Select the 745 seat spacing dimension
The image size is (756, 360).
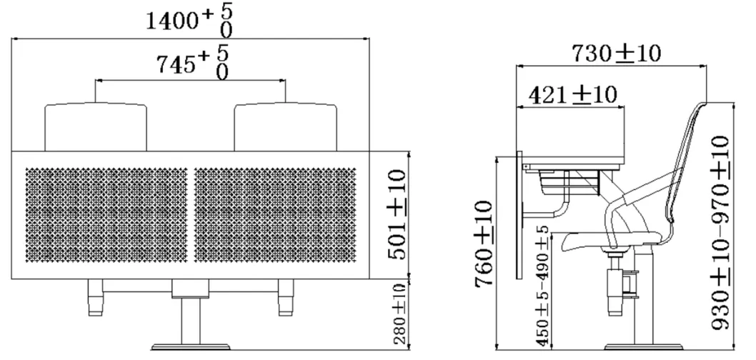190,65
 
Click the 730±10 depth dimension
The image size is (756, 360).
616,52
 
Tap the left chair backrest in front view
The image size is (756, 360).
96,126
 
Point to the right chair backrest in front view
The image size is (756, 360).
285,126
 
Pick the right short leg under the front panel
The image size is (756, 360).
285,296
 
